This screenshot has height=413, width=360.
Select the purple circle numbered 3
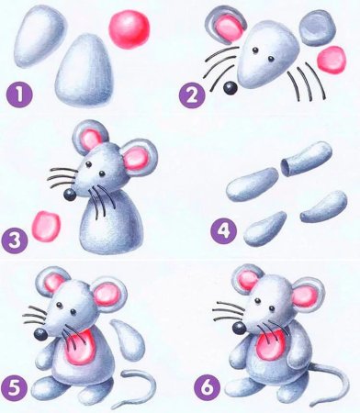pos(14,241)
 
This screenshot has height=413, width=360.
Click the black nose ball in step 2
pos(229,87)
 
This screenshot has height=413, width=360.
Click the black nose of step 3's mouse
pos(70,194)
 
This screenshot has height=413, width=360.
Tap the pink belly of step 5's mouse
pos(84,348)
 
